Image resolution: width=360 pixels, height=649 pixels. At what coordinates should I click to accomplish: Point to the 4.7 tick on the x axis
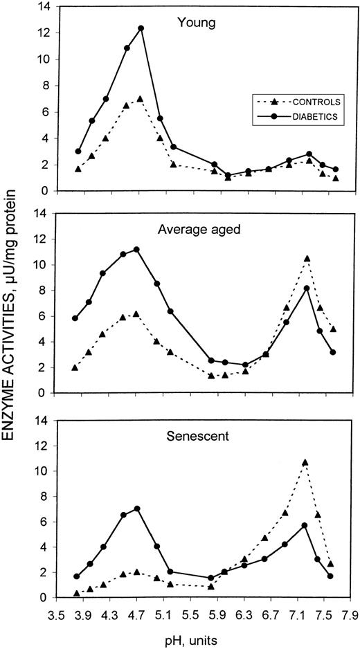[138, 614]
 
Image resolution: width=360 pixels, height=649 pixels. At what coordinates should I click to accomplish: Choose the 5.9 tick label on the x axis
[217, 614]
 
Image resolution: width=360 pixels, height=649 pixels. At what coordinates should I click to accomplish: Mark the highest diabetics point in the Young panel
[141, 28]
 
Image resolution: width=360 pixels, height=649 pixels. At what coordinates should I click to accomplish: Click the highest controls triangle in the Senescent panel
[305, 462]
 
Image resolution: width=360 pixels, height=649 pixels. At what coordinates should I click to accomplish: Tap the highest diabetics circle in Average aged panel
[136, 249]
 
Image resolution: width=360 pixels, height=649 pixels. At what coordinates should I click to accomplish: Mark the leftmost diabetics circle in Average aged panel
[75, 318]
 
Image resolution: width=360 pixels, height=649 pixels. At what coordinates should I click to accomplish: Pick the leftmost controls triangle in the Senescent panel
[76, 594]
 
